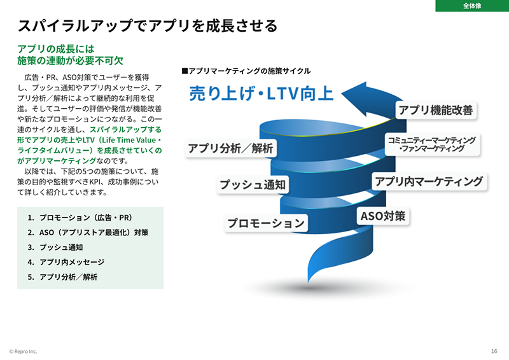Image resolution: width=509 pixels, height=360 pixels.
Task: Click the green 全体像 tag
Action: [471, 6]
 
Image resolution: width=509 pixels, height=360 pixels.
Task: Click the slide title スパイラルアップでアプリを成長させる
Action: [148, 26]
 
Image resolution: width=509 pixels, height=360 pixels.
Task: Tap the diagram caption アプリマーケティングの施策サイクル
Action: [246, 71]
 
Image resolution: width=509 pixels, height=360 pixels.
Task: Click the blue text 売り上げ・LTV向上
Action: [261, 93]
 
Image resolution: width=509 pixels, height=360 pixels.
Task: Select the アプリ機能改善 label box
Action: [436, 110]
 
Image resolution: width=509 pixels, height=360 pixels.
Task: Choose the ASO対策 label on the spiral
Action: [383, 216]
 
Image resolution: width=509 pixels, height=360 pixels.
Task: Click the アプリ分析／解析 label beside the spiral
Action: [230, 149]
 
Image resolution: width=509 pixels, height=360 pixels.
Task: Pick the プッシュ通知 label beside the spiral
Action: [253, 185]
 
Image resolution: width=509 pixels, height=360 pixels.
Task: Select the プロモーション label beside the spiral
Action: [267, 223]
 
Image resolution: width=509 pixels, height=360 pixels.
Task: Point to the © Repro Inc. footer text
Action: [24, 351]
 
